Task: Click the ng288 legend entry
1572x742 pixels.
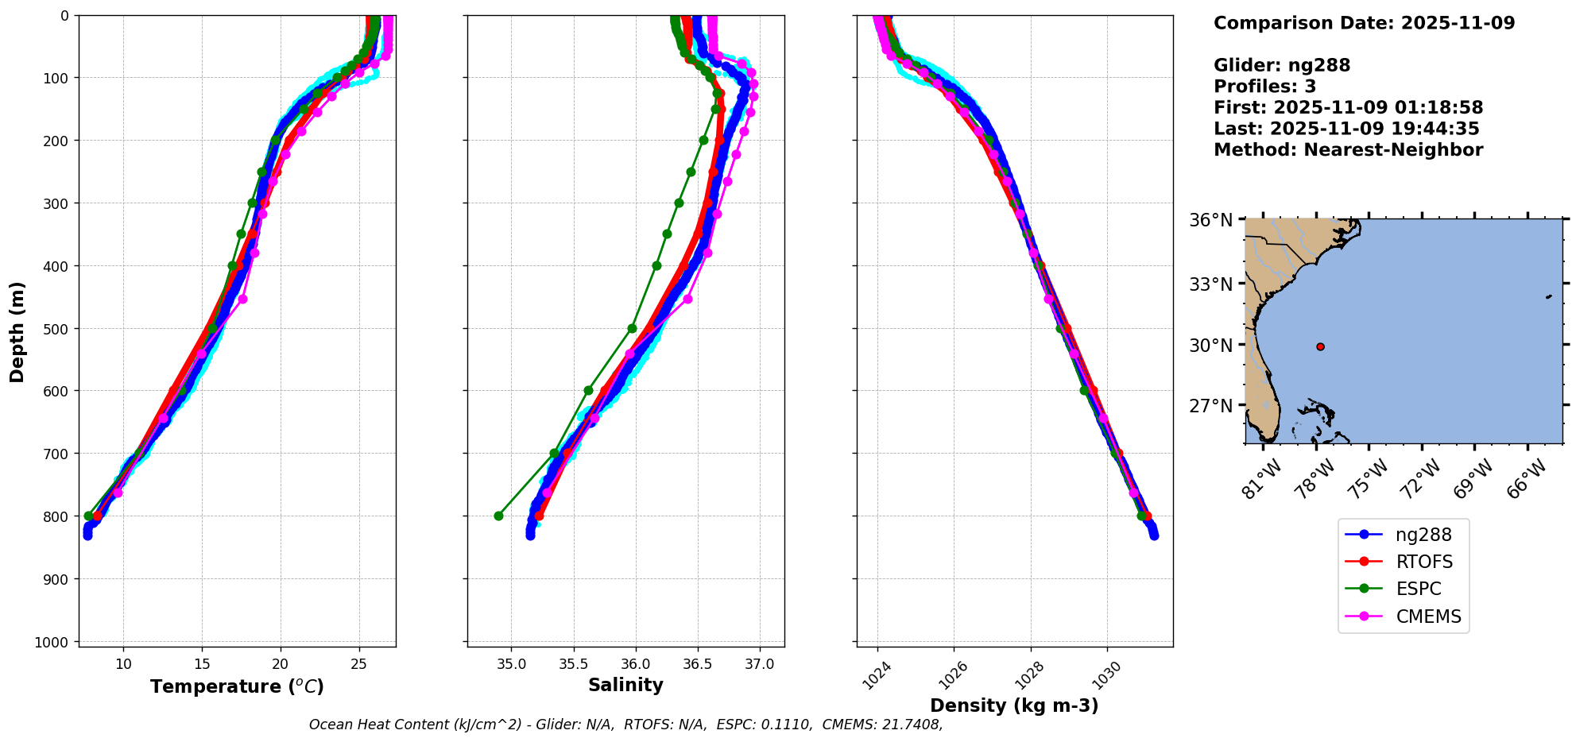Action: (x=1423, y=535)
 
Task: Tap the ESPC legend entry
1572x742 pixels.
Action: (x=1418, y=589)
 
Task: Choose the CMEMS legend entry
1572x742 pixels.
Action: (x=1428, y=616)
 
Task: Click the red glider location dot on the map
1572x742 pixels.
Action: (x=1320, y=346)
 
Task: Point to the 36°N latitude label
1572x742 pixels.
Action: (x=1210, y=220)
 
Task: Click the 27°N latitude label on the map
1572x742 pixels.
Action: (x=1210, y=406)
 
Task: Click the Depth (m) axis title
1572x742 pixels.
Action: (x=17, y=331)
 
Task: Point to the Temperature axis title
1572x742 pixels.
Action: (x=237, y=686)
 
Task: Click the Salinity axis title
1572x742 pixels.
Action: (x=625, y=685)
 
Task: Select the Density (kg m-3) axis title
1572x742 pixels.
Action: (x=1014, y=705)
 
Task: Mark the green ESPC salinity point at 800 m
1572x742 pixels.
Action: (x=498, y=516)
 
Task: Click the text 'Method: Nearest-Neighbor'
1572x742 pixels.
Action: (x=1348, y=150)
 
